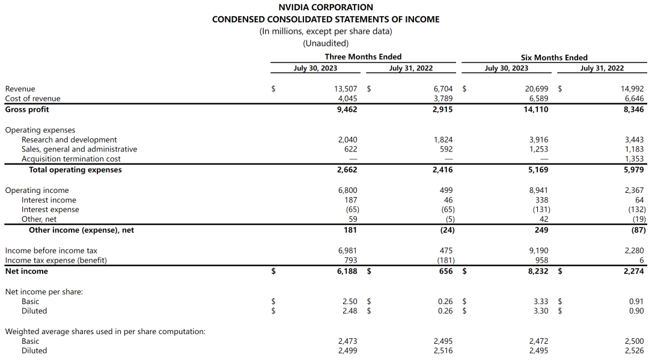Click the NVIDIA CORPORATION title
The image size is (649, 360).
point(326,7)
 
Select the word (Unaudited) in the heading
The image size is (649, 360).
point(326,43)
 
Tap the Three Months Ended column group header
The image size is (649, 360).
point(363,57)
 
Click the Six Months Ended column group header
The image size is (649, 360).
point(554,57)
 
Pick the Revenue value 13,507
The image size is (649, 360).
point(346,89)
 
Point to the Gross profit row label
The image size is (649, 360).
point(27,109)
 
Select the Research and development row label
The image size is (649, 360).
point(69,140)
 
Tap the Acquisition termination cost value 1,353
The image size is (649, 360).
point(634,159)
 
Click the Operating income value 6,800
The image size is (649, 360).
point(347,191)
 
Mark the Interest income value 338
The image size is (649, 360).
point(541,200)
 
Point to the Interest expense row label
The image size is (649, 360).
point(50,210)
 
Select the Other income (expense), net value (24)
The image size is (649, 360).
point(444,230)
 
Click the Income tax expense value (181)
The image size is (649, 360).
point(444,260)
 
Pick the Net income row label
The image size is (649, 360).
point(26,271)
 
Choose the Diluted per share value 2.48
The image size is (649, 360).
point(349,311)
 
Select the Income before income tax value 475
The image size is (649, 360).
point(445,251)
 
